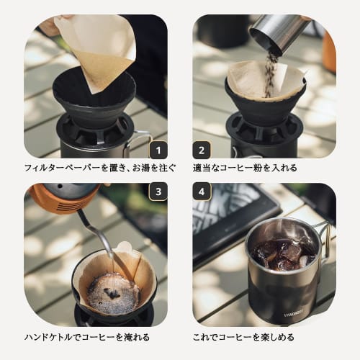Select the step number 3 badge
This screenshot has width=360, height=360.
click(158, 192)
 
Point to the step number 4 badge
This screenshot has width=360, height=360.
click(202, 192)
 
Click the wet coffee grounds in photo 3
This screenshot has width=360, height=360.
click(112, 292)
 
